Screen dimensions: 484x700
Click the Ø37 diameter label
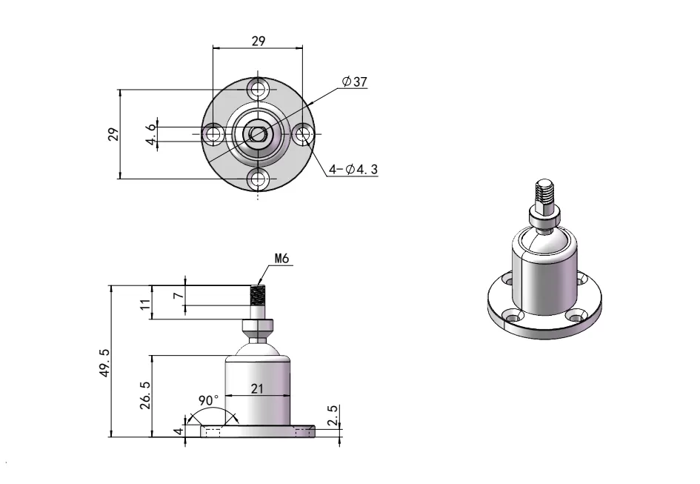pyautogui.click(x=355, y=82)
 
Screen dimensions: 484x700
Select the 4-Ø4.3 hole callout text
pyautogui.click(x=353, y=170)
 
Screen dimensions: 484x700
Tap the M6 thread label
pyautogui.click(x=281, y=259)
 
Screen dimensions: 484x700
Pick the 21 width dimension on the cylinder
pyautogui.click(x=258, y=388)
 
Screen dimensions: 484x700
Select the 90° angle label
pyautogui.click(x=210, y=400)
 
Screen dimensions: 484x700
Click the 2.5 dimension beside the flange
pyautogui.click(x=333, y=416)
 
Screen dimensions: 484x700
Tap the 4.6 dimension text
pyautogui.click(x=151, y=134)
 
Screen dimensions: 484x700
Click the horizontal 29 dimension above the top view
pyautogui.click(x=258, y=41)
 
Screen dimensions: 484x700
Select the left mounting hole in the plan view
pyautogui.click(x=215, y=134)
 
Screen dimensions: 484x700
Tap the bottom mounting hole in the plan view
pyautogui.click(x=258, y=179)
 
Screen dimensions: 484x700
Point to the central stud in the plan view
pyautogui.click(x=258, y=134)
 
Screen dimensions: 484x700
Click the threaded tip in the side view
pyautogui.click(x=258, y=296)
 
